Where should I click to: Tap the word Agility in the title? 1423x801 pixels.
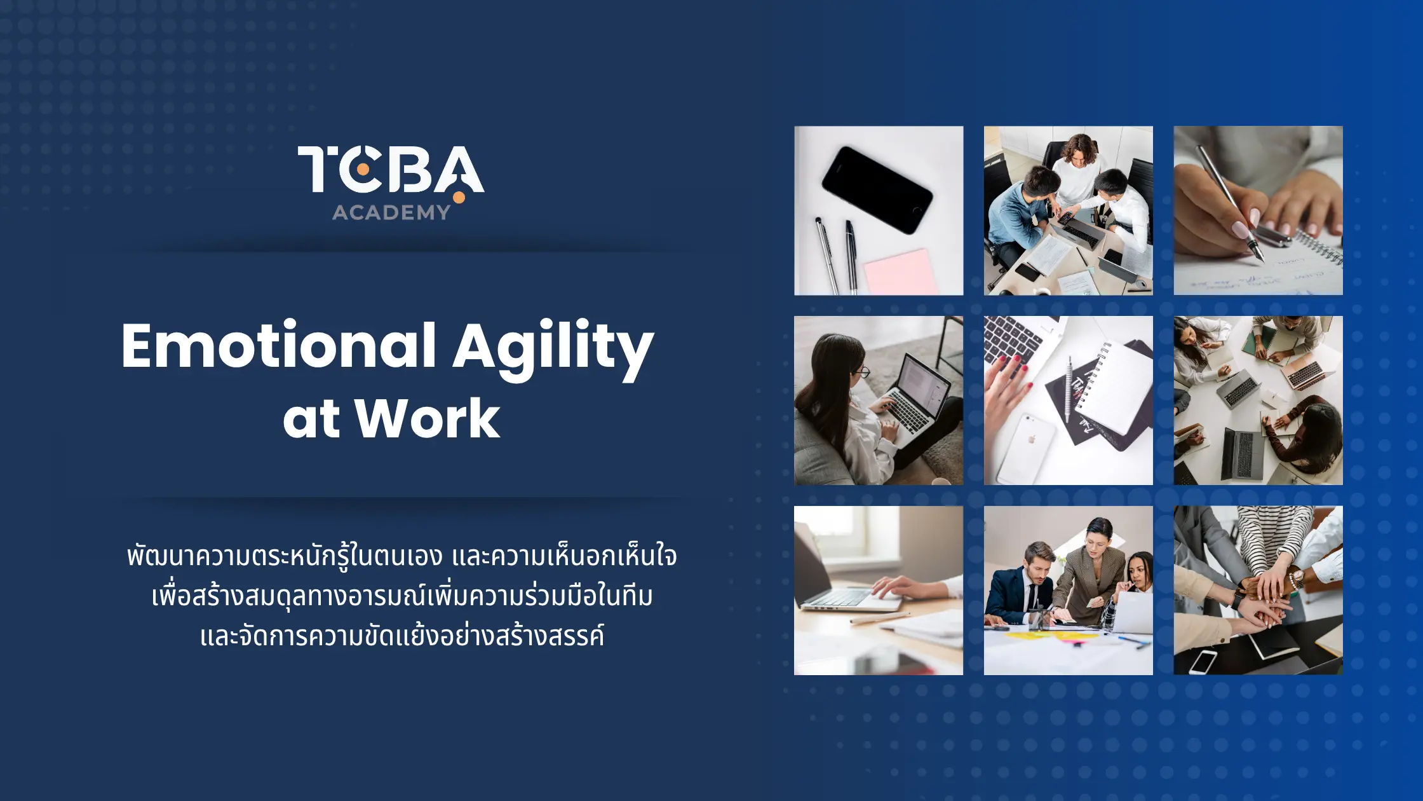pyautogui.click(x=553, y=350)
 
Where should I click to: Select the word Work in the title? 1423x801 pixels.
pyautogui.click(x=427, y=418)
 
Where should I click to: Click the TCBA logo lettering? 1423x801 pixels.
pyautogui.click(x=391, y=169)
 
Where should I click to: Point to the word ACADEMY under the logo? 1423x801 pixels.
pyautogui.click(x=391, y=212)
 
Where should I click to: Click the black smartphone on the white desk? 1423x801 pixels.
pyautogui.click(x=877, y=189)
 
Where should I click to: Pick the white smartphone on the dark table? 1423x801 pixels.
pyautogui.click(x=1203, y=662)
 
